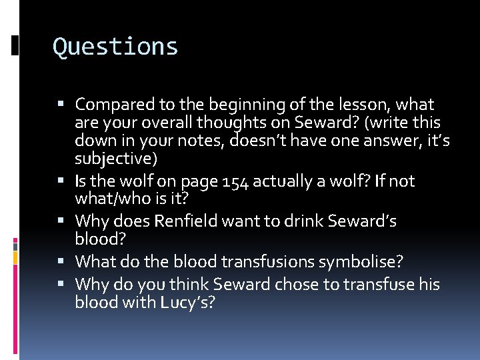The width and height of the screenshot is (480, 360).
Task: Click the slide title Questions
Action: pyautogui.click(x=115, y=47)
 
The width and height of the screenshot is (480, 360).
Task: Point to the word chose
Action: pyautogui.click(x=269, y=284)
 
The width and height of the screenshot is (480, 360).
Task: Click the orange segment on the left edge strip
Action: pyautogui.click(x=15, y=256)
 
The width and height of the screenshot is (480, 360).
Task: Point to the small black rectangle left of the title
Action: pyautogui.click(x=15, y=45)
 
